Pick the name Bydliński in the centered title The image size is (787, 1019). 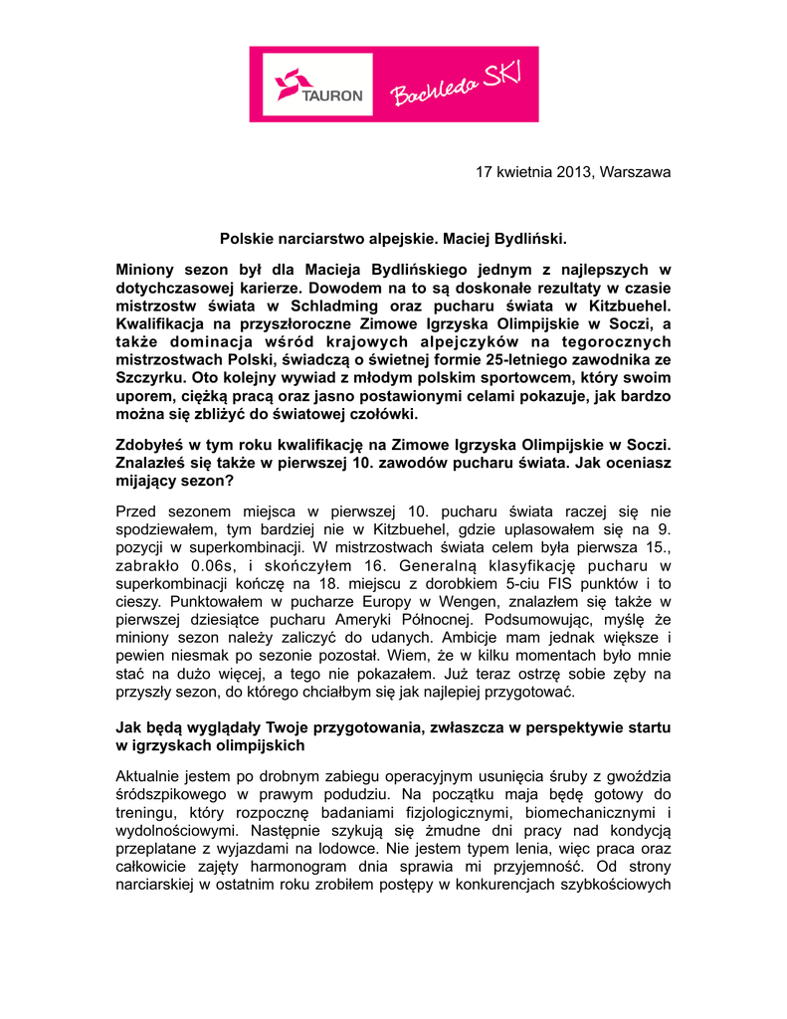tap(530, 239)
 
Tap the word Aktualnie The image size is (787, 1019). tap(149, 774)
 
